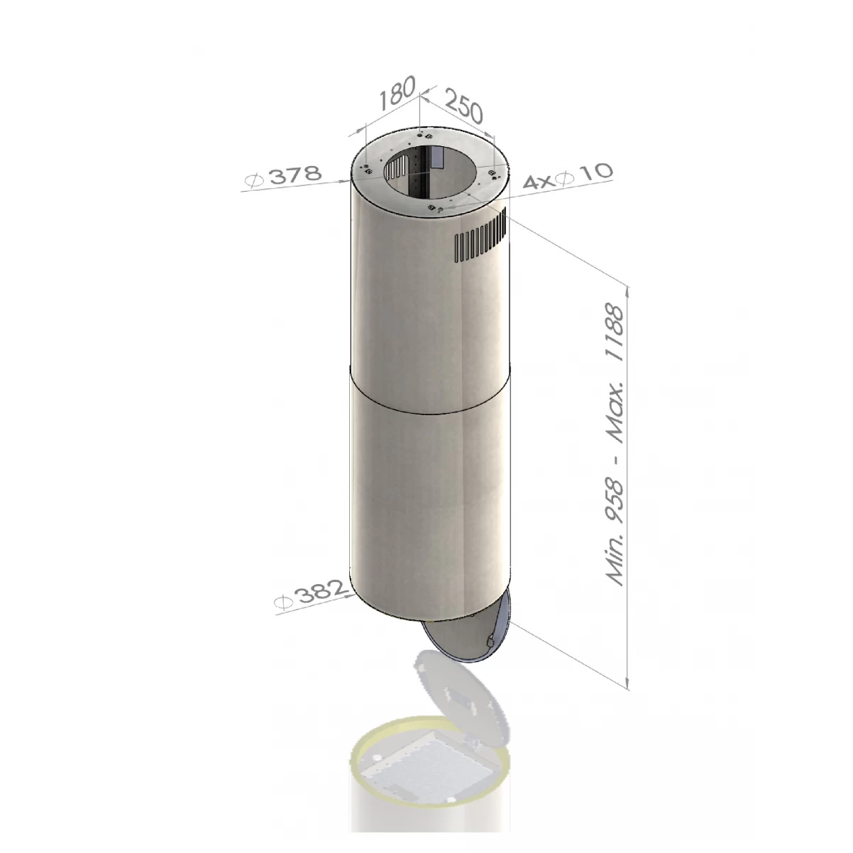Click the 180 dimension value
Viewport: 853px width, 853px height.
(x=395, y=97)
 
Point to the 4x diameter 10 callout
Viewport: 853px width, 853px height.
(x=566, y=177)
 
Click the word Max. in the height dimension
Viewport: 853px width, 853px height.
(x=612, y=419)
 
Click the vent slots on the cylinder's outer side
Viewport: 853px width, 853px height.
(x=479, y=238)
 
